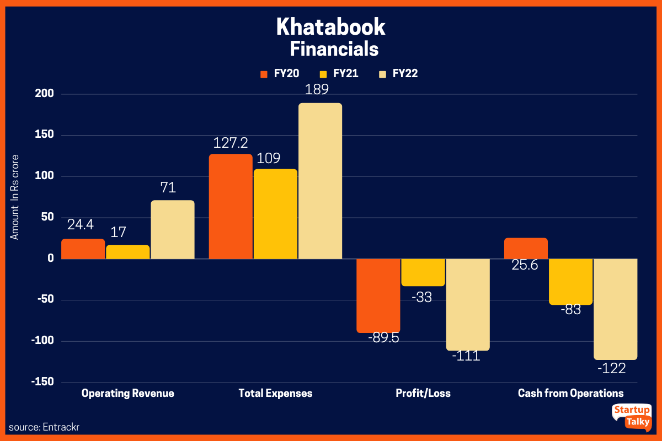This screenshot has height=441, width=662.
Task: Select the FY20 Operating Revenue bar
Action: pos(83,249)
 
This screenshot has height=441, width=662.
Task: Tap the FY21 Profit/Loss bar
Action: pos(423,272)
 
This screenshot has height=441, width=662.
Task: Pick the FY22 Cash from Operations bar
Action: pos(615,309)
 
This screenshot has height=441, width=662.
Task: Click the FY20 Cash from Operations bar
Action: pos(526,248)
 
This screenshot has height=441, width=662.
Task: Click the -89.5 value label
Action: pos(378,337)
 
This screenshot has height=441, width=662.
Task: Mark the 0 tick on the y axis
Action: pos(50,259)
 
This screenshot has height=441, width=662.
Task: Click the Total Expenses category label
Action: pos(275,394)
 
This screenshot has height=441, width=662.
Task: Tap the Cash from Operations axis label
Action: pos(570,394)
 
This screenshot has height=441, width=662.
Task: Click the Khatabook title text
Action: pos(330,26)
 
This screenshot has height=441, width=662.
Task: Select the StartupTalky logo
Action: pos(631,416)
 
